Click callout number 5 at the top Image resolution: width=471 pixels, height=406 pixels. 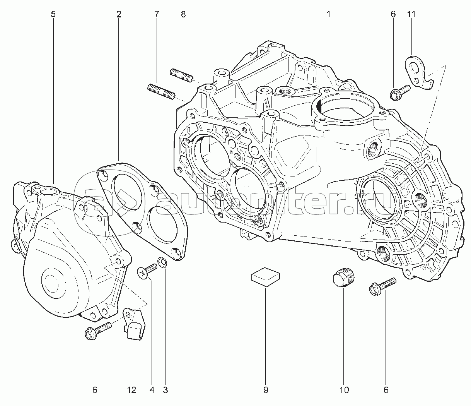coord(53,14)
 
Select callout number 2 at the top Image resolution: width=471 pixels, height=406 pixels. coord(118,14)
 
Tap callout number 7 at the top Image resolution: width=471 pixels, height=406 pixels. coord(156,14)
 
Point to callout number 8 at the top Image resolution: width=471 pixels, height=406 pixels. coord(183,14)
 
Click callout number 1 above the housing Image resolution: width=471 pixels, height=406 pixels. coord(328,14)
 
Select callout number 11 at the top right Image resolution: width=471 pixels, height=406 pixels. coord(411,14)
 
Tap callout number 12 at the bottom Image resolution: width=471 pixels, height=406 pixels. coord(131,390)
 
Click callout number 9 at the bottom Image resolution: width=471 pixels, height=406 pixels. coord(266,390)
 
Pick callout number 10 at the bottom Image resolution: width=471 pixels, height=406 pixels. coord(344,390)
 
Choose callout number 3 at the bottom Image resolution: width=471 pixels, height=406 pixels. coord(166,390)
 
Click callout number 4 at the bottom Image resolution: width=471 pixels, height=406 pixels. coord(152,390)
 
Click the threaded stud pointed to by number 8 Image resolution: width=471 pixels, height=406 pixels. coord(182,75)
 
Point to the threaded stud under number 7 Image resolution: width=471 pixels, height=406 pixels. coord(161,92)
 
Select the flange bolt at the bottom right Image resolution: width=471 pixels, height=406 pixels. coord(382,286)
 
